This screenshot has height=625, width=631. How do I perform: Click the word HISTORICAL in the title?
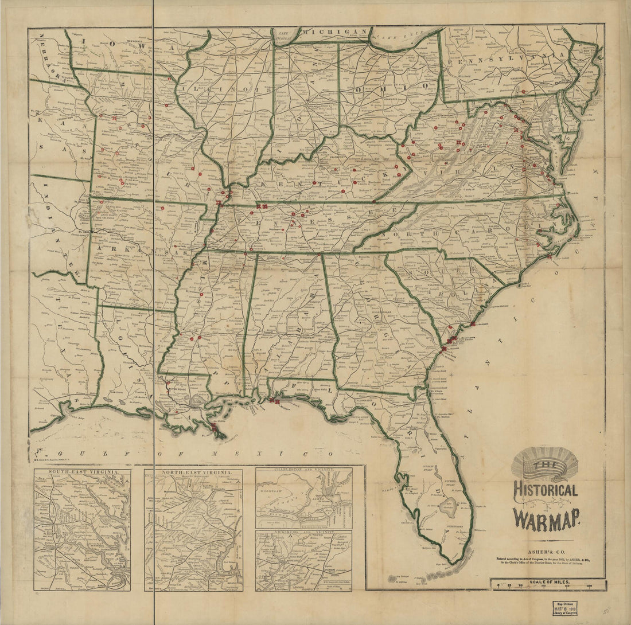pos(545,491)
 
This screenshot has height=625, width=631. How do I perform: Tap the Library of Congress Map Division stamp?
pos(566,608)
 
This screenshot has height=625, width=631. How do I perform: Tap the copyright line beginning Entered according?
pos(545,557)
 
